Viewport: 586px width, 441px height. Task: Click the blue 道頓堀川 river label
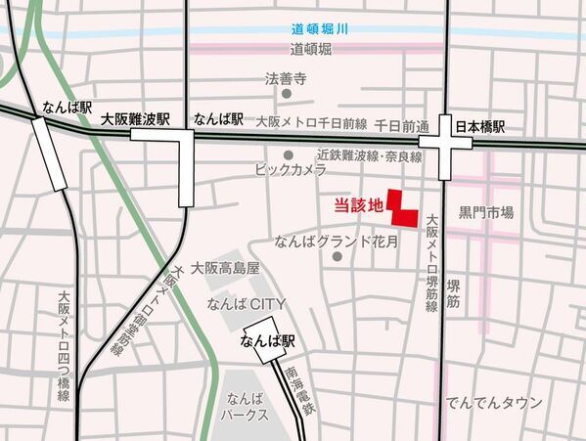tap(318, 29)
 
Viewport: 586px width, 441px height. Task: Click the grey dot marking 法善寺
tap(287, 96)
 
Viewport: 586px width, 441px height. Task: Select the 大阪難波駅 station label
tap(136, 119)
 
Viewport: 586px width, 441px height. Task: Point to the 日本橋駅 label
tap(485, 126)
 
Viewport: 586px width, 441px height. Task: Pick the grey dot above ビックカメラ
tap(288, 154)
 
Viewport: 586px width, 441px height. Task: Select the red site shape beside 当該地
tap(400, 206)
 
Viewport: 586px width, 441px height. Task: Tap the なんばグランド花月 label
tap(336, 240)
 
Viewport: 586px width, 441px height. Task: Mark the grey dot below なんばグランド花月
tap(336, 257)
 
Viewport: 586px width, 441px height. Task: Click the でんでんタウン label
tap(493, 403)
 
